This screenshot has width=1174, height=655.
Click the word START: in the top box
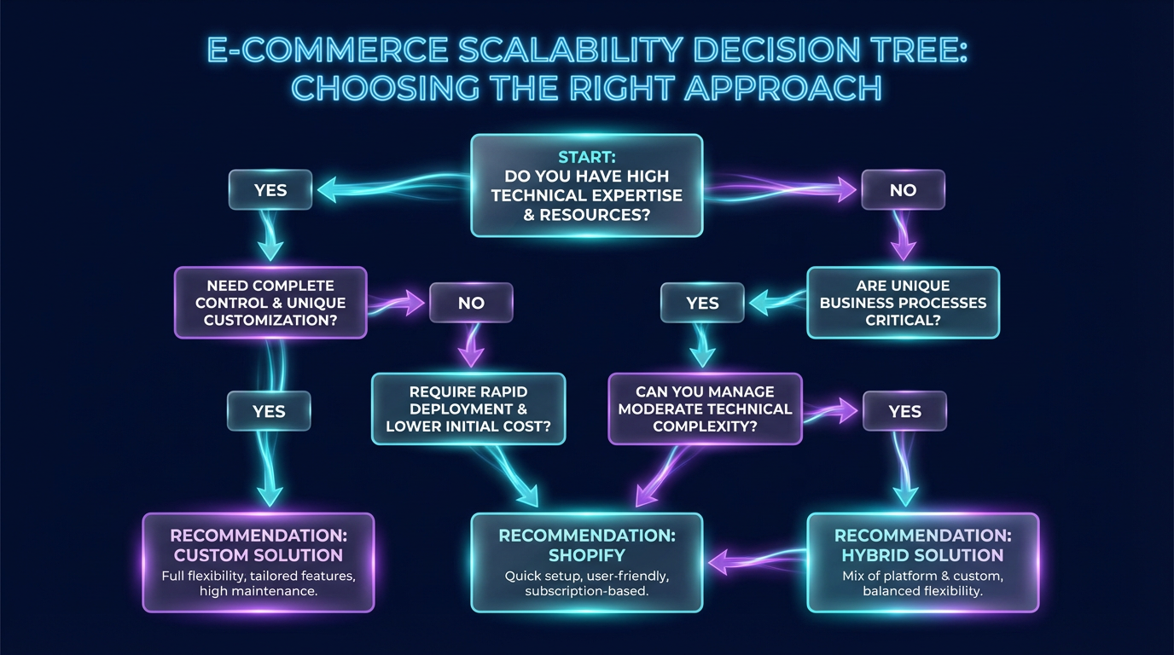tap(586, 157)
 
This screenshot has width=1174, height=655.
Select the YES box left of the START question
tap(270, 190)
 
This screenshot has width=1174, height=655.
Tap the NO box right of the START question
tap(903, 190)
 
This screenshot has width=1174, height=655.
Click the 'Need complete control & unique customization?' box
tap(270, 303)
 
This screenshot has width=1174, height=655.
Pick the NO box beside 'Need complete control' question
tap(471, 303)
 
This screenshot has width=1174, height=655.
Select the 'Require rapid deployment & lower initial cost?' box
tap(468, 409)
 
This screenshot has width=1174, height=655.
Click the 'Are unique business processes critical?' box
tap(903, 303)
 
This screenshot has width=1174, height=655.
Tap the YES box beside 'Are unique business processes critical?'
tap(702, 303)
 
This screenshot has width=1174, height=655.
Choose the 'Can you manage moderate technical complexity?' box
tap(705, 409)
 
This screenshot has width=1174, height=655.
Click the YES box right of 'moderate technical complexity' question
tap(904, 412)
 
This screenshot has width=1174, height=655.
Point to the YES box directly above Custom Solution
tap(269, 412)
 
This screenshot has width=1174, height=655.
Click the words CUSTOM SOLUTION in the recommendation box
tap(257, 555)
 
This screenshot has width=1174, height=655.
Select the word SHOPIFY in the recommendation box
tap(586, 555)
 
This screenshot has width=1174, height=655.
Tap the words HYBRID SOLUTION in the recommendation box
tap(923, 555)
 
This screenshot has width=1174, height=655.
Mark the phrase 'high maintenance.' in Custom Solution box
tap(259, 591)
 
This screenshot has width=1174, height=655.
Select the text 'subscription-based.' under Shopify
tap(586, 591)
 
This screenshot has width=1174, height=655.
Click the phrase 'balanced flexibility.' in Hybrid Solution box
tap(923, 591)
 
